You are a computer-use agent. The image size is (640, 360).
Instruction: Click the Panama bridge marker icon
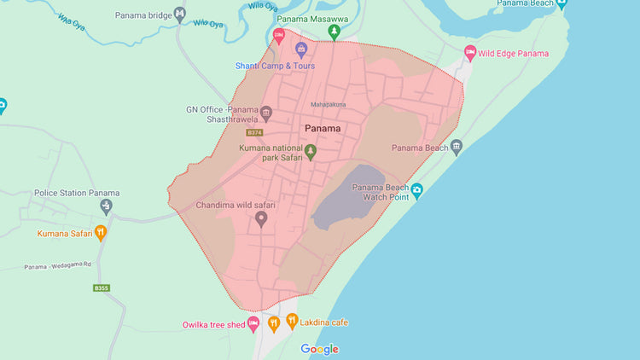click(180, 14)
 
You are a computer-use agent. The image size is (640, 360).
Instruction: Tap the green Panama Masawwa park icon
click(335, 32)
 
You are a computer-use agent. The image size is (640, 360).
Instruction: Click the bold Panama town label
click(322, 129)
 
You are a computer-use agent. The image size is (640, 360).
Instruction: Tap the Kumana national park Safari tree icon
click(311, 152)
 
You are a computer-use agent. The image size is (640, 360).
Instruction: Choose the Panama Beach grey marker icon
click(457, 148)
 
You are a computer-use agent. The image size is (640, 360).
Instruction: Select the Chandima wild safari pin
click(262, 218)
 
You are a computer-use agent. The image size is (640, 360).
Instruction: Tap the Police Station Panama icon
click(106, 206)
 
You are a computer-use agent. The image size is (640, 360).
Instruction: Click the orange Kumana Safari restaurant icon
click(101, 232)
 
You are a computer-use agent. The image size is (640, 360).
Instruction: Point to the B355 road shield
click(102, 288)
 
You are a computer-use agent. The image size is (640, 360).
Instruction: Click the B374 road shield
click(253, 133)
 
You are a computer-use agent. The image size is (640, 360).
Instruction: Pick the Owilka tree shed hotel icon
click(253, 323)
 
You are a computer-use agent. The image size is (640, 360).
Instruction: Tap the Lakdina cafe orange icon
click(292, 322)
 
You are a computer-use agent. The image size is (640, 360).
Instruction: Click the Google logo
click(320, 349)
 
